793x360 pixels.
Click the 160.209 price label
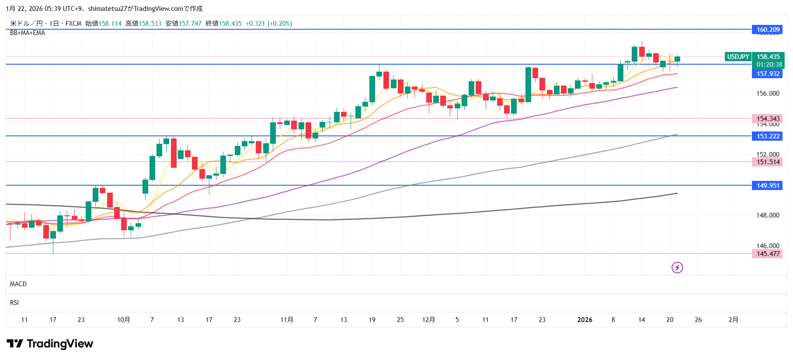coord(768,30)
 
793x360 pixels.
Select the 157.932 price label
coord(768,74)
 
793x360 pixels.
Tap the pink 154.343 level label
coord(768,119)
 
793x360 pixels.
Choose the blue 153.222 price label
coord(768,136)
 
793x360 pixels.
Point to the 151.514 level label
coord(768,162)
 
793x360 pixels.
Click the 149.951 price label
coord(768,186)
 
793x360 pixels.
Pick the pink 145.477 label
coord(768,254)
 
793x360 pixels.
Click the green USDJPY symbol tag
coord(738,57)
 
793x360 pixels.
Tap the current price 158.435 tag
coord(768,57)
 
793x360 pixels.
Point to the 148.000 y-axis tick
coord(768,215)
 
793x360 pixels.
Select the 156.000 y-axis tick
coord(768,93)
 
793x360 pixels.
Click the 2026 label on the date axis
coord(584,320)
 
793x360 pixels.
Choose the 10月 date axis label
coord(124,320)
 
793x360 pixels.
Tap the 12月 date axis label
coord(428,320)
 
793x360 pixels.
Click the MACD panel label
coord(18,284)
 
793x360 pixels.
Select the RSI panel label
coord(14,303)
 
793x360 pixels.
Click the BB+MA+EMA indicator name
coord(28,33)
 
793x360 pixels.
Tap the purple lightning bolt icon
coord(677,267)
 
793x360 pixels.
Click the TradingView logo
coord(50,344)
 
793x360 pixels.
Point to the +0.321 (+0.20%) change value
coord(268,24)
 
